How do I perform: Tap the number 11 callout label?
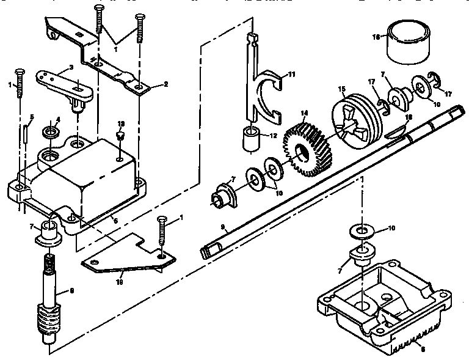(291, 74)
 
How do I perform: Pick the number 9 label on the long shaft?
(224, 227)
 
